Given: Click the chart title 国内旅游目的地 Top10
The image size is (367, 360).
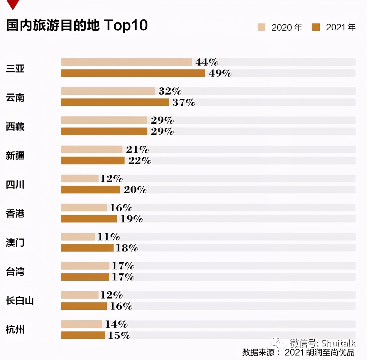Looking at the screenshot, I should click(x=77, y=26).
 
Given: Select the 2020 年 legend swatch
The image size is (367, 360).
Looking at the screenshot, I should click(x=261, y=27).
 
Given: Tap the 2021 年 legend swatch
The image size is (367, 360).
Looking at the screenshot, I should click(x=316, y=27).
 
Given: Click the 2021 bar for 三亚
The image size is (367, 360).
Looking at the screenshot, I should click(x=133, y=73).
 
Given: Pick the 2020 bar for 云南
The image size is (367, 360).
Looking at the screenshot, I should click(x=108, y=91).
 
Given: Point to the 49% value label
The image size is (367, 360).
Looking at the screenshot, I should click(x=220, y=73).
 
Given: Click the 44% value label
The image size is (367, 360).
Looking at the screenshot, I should click(x=206, y=62).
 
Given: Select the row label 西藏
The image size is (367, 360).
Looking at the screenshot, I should click(x=15, y=127).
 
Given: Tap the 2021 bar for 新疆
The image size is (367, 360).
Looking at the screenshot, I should click(x=93, y=160).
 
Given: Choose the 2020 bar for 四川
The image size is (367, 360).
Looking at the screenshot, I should click(x=80, y=178).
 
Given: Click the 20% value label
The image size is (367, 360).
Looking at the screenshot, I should click(x=135, y=190).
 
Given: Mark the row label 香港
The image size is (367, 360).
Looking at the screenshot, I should click(x=15, y=213).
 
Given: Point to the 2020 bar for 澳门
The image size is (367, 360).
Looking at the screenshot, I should click(x=78, y=237).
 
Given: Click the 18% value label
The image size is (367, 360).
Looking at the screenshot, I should click(x=127, y=248).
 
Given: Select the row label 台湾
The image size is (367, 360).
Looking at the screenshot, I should click(x=15, y=271).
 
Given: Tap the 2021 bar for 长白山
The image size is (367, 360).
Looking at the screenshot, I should click(x=84, y=306).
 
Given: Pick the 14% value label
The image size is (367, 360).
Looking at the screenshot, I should click(x=116, y=324).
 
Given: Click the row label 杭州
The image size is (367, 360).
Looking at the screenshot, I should click(x=15, y=329).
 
